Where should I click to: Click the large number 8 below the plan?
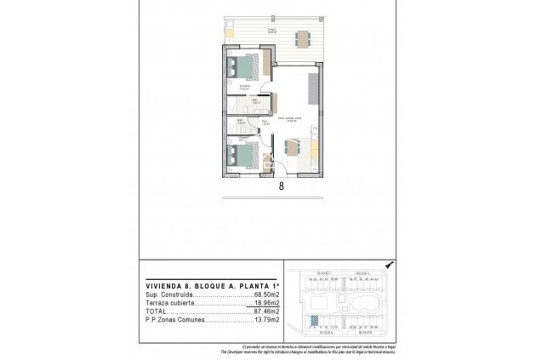tap(280, 188)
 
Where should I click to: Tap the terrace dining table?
tap(302, 37)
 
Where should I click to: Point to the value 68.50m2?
tap(268, 295)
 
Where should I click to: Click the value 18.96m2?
tap(267, 304)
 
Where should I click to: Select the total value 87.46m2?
tap(268, 311)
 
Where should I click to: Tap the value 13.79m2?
tap(268, 320)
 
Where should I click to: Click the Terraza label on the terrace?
tap(271, 30)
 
